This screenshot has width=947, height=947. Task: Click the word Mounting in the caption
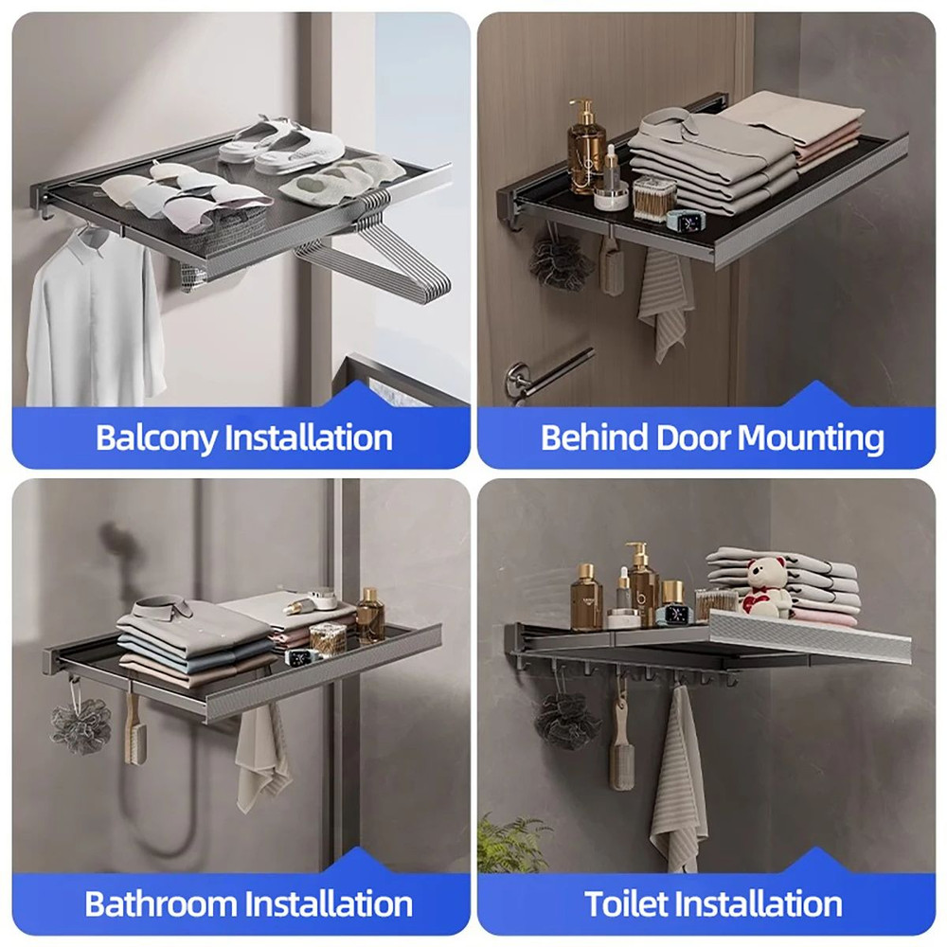[811, 438]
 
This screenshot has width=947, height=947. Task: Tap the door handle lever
[549, 371]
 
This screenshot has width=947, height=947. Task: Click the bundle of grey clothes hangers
[379, 256]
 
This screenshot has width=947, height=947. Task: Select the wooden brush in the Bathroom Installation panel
[131, 734]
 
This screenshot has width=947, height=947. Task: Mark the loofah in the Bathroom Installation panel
[80, 724]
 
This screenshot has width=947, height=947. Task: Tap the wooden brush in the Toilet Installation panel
[620, 748]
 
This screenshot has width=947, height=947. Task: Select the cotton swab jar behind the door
[653, 197]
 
